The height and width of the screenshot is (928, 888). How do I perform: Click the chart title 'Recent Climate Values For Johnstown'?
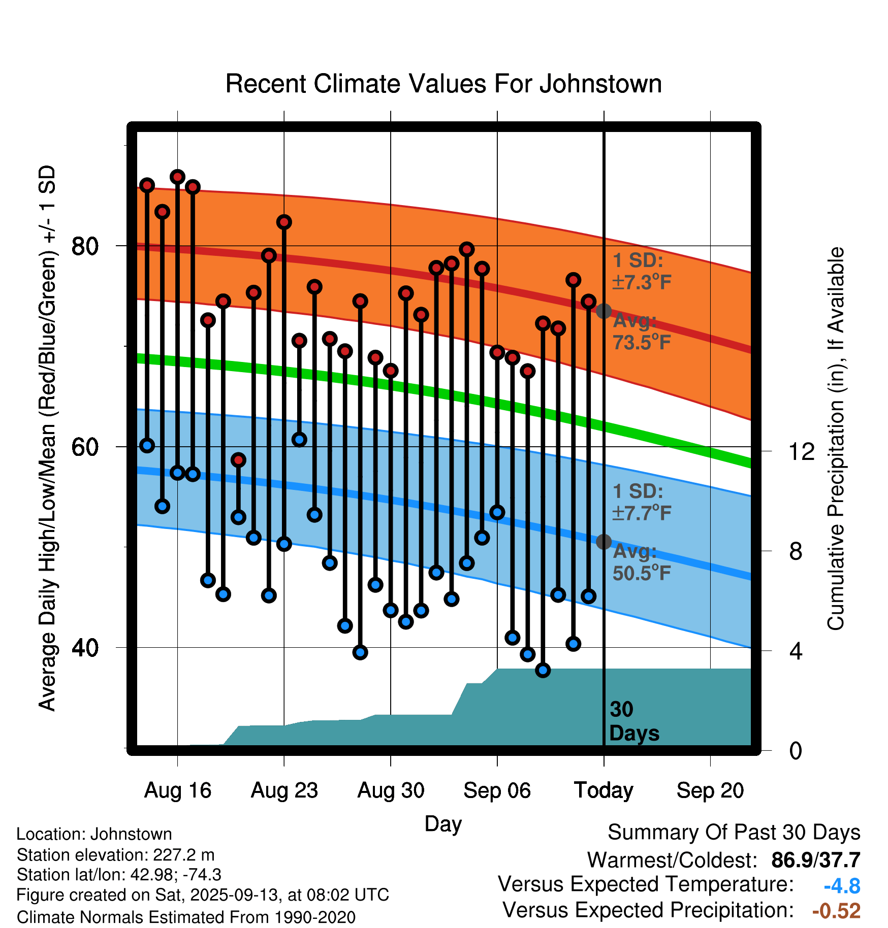tap(443, 84)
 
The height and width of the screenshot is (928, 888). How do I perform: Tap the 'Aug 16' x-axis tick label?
tap(177, 790)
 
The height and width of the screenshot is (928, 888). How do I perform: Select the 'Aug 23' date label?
tap(284, 790)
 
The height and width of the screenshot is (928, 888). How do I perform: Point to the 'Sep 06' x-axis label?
tap(497, 790)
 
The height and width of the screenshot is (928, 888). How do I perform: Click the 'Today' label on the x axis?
tap(604, 790)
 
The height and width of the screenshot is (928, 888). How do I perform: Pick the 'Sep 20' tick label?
tap(710, 790)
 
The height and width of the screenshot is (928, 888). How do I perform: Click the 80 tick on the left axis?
tap(85, 246)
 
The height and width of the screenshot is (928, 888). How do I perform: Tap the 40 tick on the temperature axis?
tap(85, 648)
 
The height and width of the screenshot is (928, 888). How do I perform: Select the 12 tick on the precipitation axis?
tap(802, 451)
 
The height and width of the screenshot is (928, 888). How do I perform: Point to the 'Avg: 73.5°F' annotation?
tap(641, 332)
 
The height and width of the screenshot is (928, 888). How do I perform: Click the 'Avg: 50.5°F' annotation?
tap(641, 562)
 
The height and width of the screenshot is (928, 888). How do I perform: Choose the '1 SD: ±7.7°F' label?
tap(641, 502)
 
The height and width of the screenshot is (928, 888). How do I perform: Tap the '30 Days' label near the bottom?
tap(633, 721)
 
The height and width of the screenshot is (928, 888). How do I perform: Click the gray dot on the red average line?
tap(604, 311)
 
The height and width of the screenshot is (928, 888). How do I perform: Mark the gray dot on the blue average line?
tap(604, 542)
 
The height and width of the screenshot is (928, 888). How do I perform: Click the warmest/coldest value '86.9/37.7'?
tap(815, 860)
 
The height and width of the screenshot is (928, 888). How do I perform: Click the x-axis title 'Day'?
tap(443, 823)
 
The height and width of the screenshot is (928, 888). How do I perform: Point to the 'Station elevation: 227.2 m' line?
tap(115, 855)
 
